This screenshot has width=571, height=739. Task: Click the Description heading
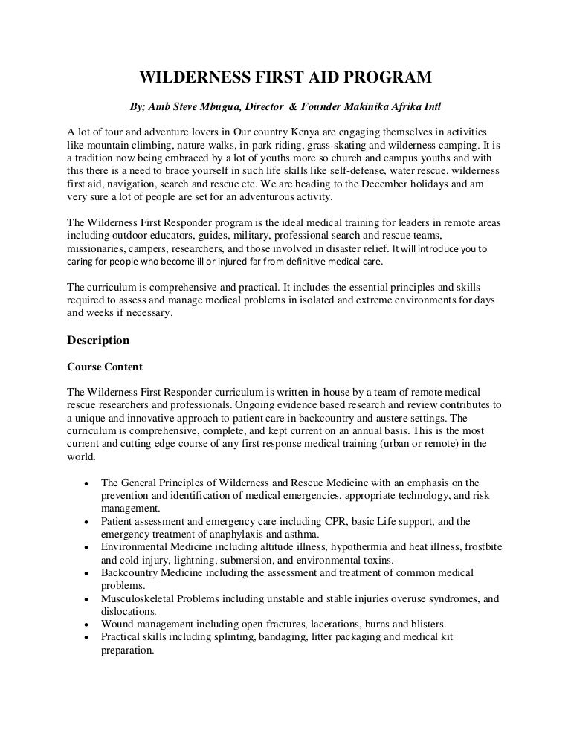98,341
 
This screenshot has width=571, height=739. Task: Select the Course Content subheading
105,367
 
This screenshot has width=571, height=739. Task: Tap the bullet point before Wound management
88,624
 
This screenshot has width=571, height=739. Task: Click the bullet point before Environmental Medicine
88,548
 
